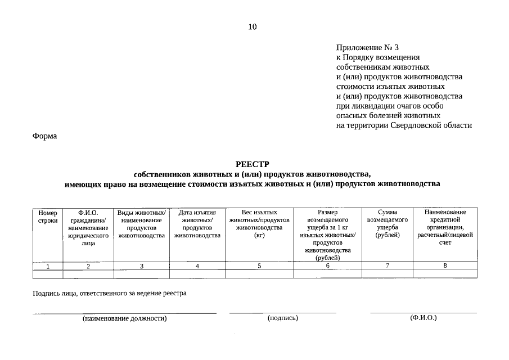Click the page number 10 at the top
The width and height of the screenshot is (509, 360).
click(252, 26)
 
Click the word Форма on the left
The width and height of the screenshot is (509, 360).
click(44, 136)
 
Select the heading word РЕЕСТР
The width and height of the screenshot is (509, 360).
click(253, 164)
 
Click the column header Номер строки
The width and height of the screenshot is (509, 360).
click(48, 217)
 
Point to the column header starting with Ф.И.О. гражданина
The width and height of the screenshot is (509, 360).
click(88, 228)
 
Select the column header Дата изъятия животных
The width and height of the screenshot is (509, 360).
click(197, 224)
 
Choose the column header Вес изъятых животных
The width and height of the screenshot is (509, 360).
click(259, 224)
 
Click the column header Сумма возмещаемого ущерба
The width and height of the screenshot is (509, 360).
click(388, 224)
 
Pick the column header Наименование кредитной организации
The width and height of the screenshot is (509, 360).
click(445, 227)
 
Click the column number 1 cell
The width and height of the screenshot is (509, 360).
click(48, 266)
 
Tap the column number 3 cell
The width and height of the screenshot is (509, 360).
click(142, 266)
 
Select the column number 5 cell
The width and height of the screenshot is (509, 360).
click(259, 266)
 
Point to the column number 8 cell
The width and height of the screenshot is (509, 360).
click(445, 265)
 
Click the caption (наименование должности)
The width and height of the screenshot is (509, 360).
click(124, 319)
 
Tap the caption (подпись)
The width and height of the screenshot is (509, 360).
click(283, 318)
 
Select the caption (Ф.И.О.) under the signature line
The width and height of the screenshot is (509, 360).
click(424, 318)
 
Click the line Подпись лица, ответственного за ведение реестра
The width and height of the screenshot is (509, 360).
click(109, 293)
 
